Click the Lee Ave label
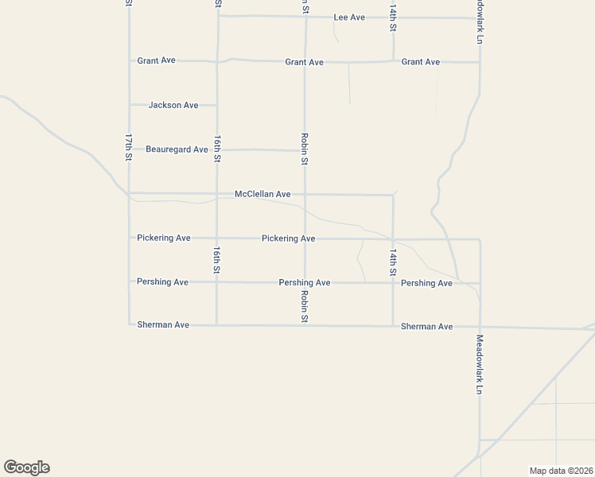click(x=349, y=17)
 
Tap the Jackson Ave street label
click(x=173, y=105)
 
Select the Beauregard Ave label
click(x=177, y=149)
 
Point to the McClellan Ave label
click(x=262, y=194)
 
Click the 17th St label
click(x=128, y=148)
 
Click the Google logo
click(x=26, y=467)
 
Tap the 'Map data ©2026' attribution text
click(x=561, y=471)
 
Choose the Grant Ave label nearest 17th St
click(x=156, y=60)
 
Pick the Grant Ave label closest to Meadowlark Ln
click(x=421, y=62)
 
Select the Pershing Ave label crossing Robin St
click(x=304, y=283)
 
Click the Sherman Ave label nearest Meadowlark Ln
click(x=426, y=327)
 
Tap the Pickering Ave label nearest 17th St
click(x=163, y=238)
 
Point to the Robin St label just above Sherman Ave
click(x=304, y=306)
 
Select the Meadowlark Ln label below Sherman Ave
click(x=479, y=365)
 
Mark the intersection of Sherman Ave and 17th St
click(x=130, y=324)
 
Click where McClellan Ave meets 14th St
click(x=393, y=195)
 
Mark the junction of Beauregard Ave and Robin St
click(x=304, y=150)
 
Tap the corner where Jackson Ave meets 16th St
click(x=217, y=105)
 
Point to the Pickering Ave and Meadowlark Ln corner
click(x=480, y=238)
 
